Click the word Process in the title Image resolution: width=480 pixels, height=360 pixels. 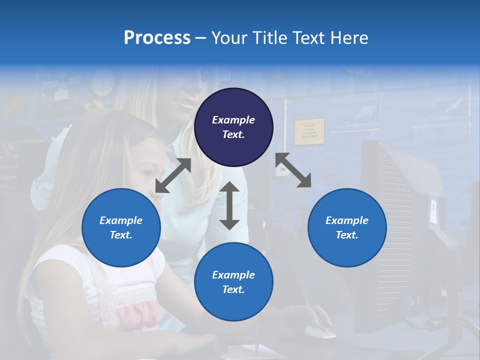pyautogui.click(x=157, y=38)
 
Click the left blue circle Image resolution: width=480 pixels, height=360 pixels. pyautogui.click(x=121, y=227)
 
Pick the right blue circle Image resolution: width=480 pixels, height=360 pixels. pyautogui.click(x=347, y=227)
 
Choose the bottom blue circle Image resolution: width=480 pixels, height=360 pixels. pyautogui.click(x=233, y=282)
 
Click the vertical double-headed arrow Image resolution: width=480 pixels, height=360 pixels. pyautogui.click(x=229, y=205)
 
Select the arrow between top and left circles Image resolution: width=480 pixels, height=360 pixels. pyautogui.click(x=173, y=175)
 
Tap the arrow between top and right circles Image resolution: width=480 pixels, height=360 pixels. pyautogui.click(x=293, y=170)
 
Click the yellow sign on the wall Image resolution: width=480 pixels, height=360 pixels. pyautogui.click(x=309, y=131)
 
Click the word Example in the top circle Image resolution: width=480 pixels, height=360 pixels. pyautogui.click(x=233, y=120)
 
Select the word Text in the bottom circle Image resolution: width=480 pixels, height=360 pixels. pyautogui.click(x=232, y=289)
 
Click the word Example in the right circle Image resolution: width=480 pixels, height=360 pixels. pyautogui.click(x=347, y=220)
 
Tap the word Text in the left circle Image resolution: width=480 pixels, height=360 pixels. pyautogui.click(x=120, y=235)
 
